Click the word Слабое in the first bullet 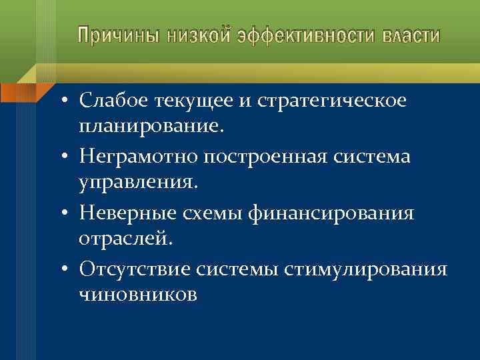pyautogui.click(x=113, y=102)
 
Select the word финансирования pyautogui.click(x=333, y=213)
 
